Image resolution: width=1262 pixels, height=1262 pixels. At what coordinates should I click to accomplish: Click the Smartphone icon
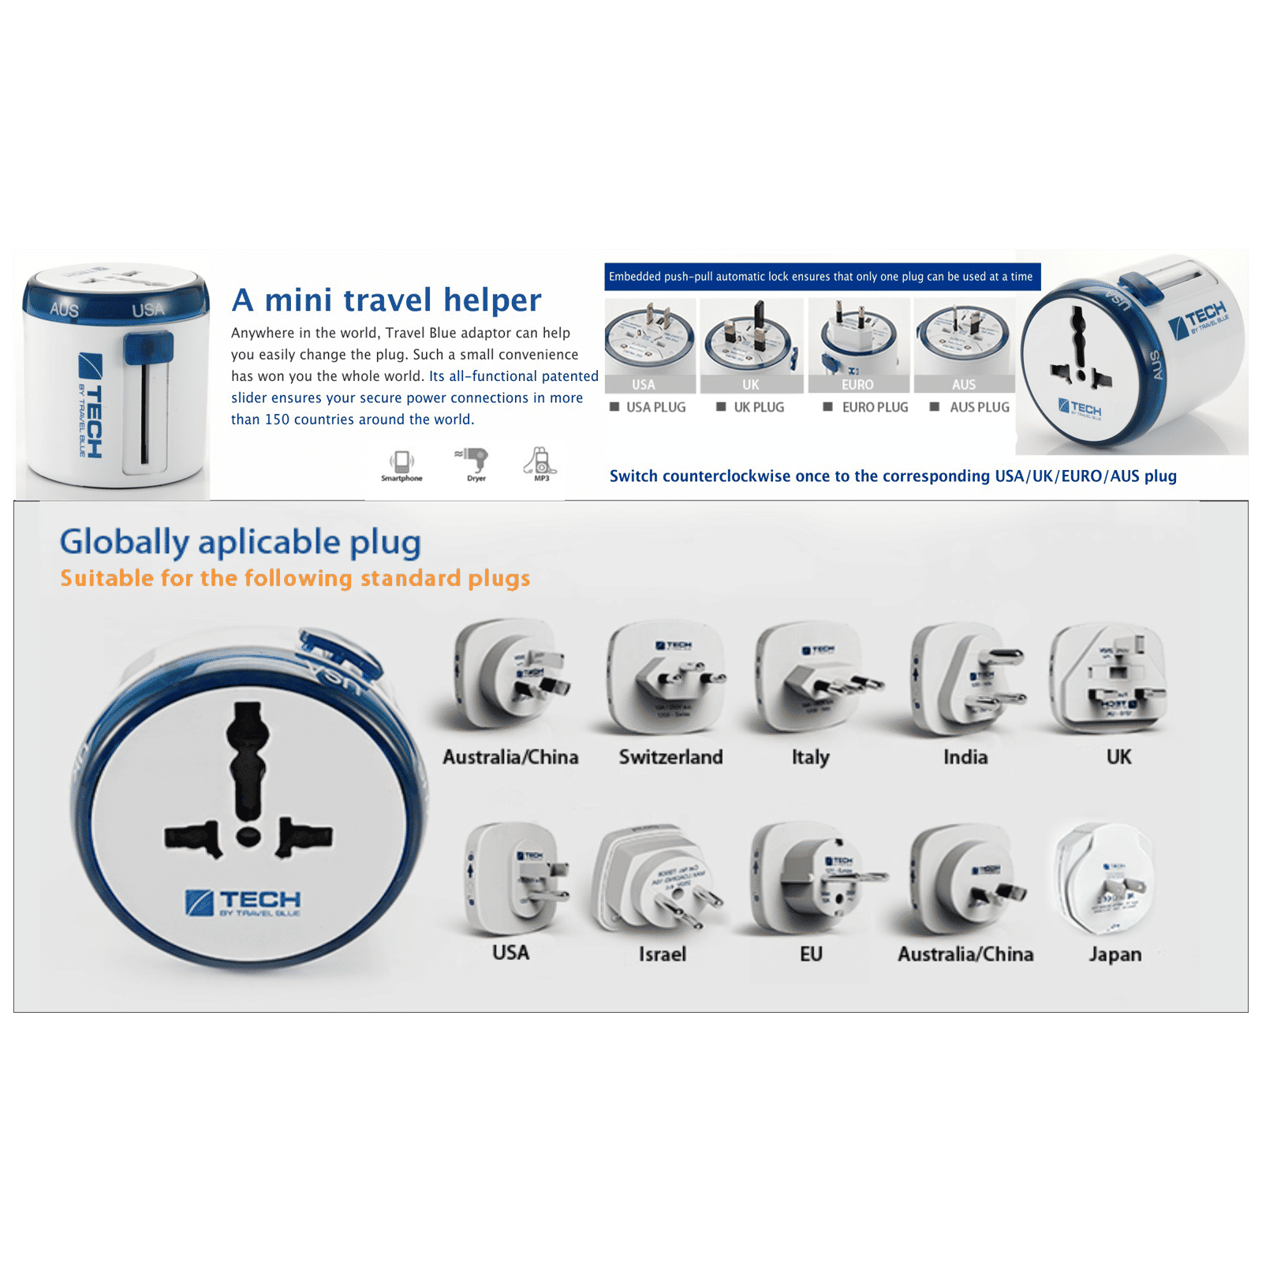point(401,461)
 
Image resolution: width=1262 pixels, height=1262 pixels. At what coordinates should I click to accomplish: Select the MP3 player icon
point(541,461)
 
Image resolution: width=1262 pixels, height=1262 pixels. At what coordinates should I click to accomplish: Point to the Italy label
point(810,757)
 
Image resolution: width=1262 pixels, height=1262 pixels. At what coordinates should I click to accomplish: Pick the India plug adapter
point(966,678)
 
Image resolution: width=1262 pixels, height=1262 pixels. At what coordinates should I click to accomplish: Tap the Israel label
point(662,954)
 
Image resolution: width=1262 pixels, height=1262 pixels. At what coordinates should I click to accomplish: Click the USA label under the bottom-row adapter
point(510,953)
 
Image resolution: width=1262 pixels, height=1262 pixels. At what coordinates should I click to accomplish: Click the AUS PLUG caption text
point(979,407)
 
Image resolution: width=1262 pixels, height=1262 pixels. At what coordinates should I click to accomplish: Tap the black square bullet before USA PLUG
point(614,407)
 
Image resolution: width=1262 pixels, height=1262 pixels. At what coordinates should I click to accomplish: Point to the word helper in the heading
point(492,300)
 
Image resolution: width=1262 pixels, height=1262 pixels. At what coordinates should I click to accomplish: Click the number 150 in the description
point(277,420)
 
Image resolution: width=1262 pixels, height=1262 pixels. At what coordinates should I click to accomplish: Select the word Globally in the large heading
point(125,543)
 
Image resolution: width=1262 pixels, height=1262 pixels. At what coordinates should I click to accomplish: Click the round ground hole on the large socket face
point(248,835)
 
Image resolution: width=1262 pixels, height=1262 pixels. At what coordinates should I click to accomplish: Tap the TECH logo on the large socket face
point(244,902)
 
